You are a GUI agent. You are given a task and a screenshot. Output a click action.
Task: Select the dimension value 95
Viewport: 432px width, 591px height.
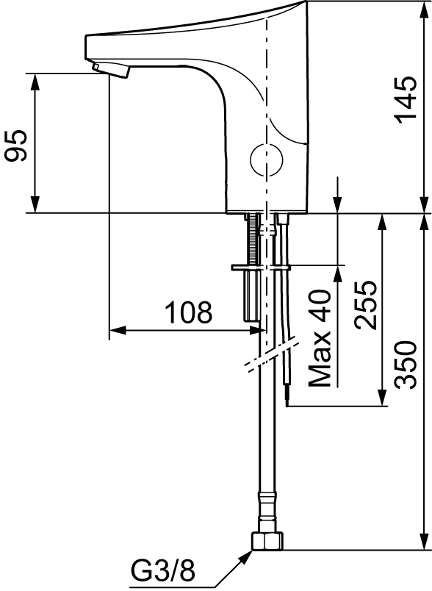[x=16, y=146]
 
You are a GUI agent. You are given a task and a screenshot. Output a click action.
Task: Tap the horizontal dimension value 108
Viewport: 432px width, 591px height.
[x=189, y=312]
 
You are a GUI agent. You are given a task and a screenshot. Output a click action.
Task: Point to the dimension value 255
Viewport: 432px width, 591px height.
[x=365, y=304]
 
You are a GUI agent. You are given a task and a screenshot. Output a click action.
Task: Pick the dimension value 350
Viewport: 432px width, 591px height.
[x=406, y=365]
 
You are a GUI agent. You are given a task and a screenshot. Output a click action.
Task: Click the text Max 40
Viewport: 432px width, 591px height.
[x=320, y=338]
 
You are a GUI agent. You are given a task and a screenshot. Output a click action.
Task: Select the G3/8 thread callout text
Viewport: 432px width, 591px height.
[x=163, y=570]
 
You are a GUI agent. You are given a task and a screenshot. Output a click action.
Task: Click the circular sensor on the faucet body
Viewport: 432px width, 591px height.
[x=267, y=160]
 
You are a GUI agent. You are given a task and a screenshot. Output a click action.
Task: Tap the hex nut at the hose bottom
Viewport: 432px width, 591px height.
[x=266, y=541]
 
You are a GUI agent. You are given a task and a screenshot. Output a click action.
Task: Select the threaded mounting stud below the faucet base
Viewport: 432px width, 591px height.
[x=252, y=239]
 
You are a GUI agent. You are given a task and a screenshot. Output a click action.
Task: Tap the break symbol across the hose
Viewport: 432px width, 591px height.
[x=272, y=357]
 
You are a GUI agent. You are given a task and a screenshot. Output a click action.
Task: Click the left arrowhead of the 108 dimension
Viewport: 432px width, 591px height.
[x=117, y=331]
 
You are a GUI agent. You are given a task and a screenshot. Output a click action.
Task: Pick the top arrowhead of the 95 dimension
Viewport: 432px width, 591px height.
[x=35, y=82]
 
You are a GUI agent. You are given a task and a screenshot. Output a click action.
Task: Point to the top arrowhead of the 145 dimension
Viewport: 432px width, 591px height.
[x=425, y=10]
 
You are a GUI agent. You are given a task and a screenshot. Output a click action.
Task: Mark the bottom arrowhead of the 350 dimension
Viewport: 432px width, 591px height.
[x=425, y=541]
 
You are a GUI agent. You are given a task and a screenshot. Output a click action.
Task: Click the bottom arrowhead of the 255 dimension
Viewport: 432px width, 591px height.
[x=383, y=397]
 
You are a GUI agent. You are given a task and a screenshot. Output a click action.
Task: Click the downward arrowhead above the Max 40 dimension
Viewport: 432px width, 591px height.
[x=337, y=204]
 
